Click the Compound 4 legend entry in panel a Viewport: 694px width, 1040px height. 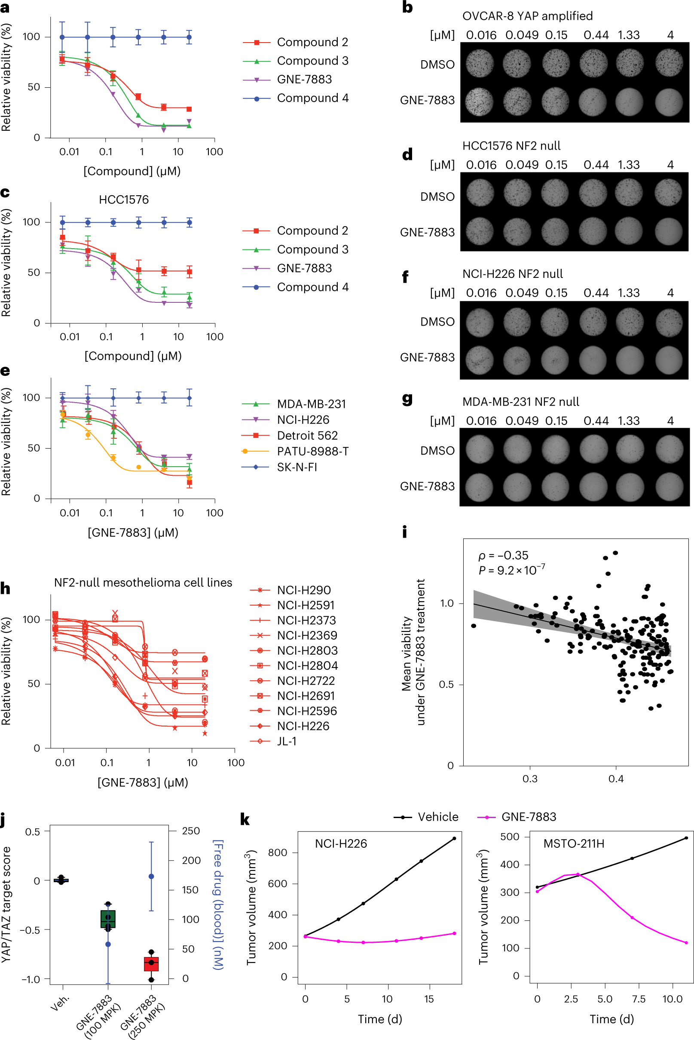[312, 98]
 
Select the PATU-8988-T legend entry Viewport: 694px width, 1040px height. [312, 451]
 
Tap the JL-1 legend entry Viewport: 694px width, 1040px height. [286, 741]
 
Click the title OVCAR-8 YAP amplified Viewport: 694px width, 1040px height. [527, 16]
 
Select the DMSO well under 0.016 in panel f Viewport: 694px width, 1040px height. [479, 322]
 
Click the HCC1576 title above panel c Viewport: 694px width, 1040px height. [123, 200]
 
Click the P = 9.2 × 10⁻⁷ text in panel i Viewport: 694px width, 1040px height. [511, 570]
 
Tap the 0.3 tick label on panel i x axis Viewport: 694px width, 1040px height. [530, 778]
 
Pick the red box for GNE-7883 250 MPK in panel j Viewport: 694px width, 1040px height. [151, 964]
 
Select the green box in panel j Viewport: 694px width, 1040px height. [108, 919]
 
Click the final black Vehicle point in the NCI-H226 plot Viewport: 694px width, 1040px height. [454, 838]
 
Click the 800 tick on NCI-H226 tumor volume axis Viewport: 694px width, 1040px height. [278, 852]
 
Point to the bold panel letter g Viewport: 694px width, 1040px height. [407, 400]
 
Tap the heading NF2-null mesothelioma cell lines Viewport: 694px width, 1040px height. [143, 582]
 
